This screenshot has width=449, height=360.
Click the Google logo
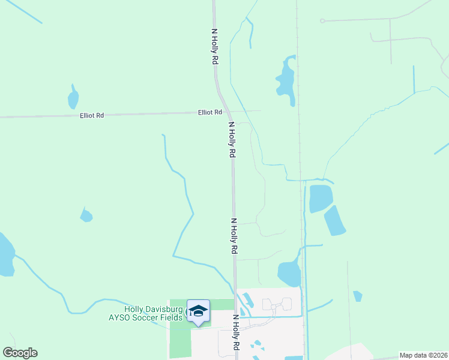20,353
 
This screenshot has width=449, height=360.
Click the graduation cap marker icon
198,311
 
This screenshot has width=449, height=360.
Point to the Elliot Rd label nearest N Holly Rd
210,112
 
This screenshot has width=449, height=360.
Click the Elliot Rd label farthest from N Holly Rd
92,115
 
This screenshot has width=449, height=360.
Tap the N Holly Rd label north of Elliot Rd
214,47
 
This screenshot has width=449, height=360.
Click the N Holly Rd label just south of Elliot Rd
231,140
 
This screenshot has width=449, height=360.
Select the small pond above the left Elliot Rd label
73,97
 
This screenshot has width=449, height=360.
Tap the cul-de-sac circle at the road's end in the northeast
322,21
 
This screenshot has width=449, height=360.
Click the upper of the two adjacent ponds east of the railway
321,198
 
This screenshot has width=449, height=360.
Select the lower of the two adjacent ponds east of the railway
335,220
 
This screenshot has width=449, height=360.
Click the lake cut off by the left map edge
5,256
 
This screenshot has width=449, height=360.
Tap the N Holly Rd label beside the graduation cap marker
236,333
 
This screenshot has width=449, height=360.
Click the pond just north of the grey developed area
289,273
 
